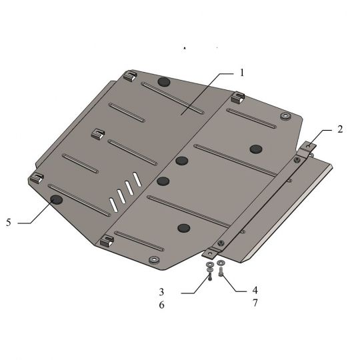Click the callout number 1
click(241, 73)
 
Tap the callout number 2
click(340, 129)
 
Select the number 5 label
click(9, 222)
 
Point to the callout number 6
click(162, 305)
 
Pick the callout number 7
click(255, 303)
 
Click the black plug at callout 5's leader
click(57, 200)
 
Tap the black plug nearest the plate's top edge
click(164, 82)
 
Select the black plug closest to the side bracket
click(256, 149)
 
